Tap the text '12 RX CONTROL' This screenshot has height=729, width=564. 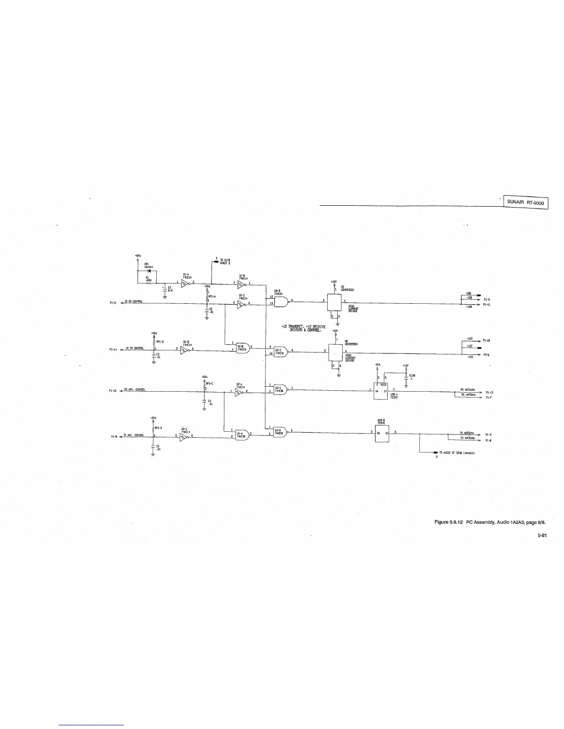[x=134, y=301]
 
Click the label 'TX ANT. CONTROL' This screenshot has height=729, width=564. [x=134, y=435]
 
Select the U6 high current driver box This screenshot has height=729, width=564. [x=334, y=352]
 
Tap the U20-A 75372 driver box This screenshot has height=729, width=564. [x=381, y=391]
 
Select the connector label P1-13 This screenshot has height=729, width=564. [x=489, y=393]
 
